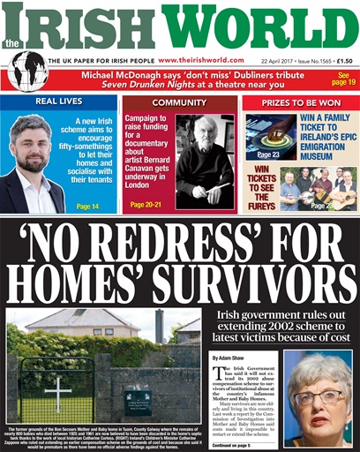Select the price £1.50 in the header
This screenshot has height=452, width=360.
[341, 60]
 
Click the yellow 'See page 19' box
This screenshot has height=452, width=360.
[341, 78]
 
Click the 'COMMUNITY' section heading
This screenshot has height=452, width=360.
[179, 102]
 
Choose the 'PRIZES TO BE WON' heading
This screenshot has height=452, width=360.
[300, 102]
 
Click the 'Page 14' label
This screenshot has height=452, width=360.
[87, 206]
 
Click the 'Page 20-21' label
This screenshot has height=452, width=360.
[146, 205]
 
